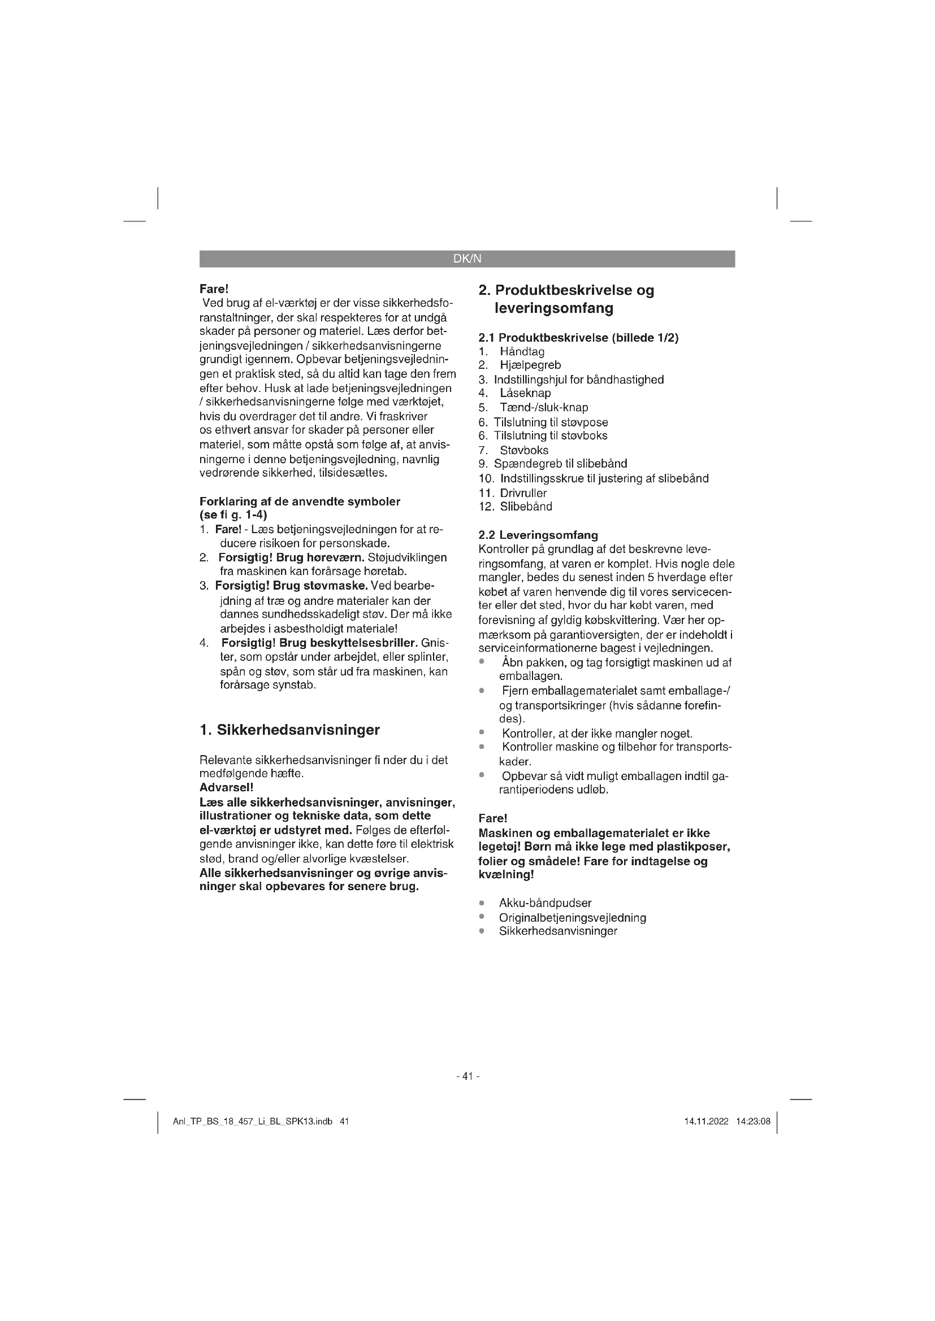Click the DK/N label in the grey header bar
point(467,259)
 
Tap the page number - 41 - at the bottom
point(467,1076)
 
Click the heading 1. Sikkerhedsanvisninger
point(289,730)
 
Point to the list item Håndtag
point(522,351)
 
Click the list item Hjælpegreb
point(530,365)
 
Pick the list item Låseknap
point(525,394)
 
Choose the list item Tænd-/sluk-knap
point(543,408)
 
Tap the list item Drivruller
point(523,493)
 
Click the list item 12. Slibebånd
point(516,507)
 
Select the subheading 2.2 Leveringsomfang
point(538,535)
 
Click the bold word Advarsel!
point(226,787)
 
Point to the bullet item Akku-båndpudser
point(544,903)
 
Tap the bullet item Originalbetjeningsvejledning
point(572,918)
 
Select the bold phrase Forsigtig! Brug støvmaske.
point(291,586)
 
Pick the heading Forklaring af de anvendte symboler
point(300,501)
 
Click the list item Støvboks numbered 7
point(523,451)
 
